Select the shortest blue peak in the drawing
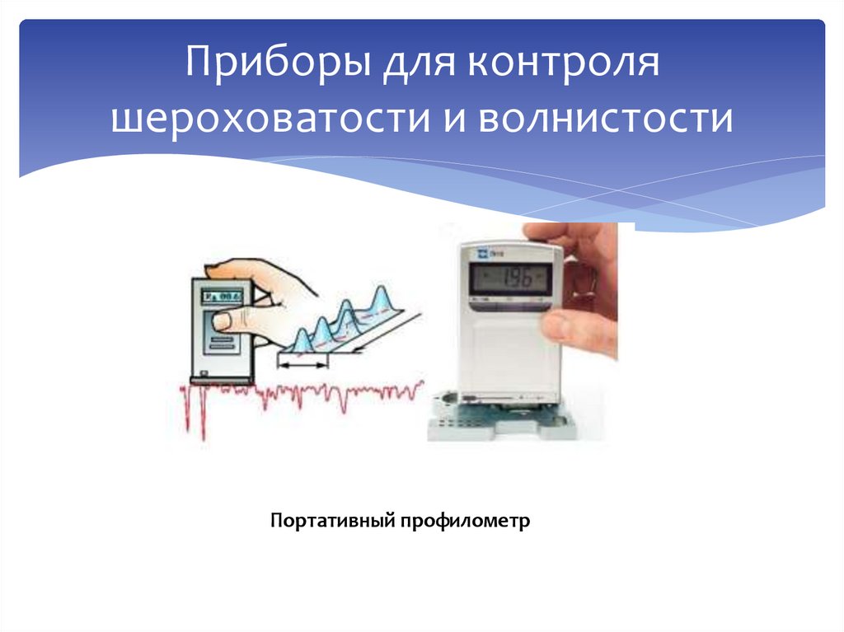tap(302, 339)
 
